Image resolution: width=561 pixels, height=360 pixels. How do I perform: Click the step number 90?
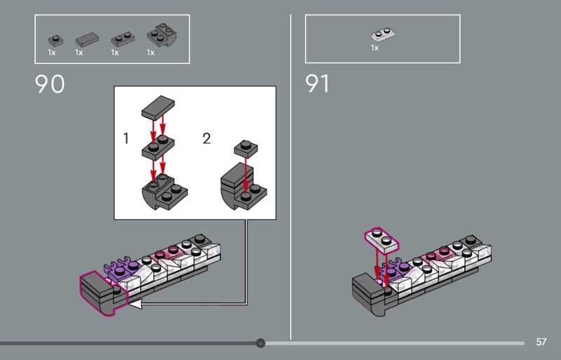point(50,84)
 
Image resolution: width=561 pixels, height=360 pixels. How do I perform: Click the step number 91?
point(317,84)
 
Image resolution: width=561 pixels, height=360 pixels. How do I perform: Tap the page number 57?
point(541,342)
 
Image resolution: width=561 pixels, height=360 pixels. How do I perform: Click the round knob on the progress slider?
point(260,343)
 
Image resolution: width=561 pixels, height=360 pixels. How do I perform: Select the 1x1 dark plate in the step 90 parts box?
point(55,41)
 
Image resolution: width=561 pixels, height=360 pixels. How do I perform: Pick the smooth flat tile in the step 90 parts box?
point(87,39)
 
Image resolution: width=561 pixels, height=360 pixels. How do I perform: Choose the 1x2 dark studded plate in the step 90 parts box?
point(123,39)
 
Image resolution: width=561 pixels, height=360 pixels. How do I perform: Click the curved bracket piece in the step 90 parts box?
point(162,35)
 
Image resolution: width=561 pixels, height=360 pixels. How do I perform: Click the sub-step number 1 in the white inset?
point(126,138)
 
